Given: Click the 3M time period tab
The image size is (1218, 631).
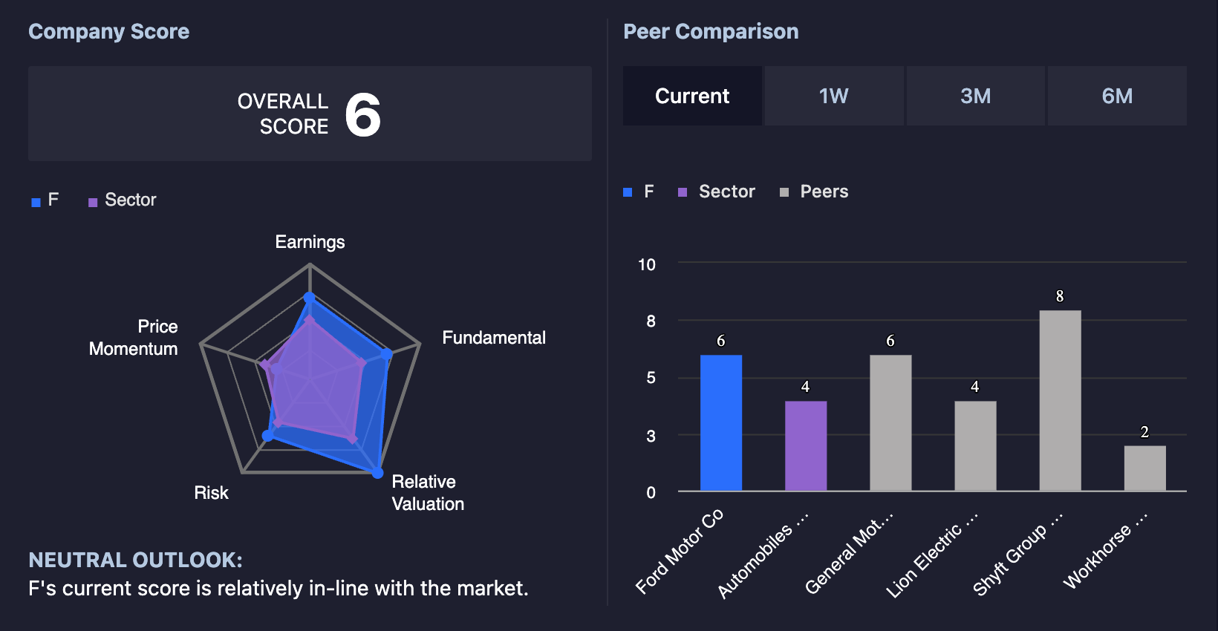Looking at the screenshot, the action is pyautogui.click(x=975, y=97).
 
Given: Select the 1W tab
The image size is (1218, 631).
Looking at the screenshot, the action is pyautogui.click(x=833, y=97).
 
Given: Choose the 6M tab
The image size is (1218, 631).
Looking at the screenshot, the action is pyautogui.click(x=1117, y=97).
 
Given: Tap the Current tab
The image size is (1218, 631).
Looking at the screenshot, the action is pyautogui.click(x=692, y=97).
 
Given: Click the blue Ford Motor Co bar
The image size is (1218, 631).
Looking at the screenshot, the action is pyautogui.click(x=721, y=423).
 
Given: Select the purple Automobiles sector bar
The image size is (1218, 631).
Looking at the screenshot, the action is pyautogui.click(x=806, y=445).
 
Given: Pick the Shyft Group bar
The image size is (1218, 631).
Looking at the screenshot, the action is pyautogui.click(x=1061, y=401).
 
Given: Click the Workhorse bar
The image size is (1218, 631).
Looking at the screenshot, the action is pyautogui.click(x=1145, y=468).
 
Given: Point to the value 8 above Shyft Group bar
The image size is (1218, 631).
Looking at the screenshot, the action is pyautogui.click(x=1060, y=296).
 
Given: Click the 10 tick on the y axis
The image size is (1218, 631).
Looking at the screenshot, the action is pyautogui.click(x=647, y=265).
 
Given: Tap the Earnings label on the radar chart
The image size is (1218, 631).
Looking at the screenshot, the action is pyautogui.click(x=310, y=242).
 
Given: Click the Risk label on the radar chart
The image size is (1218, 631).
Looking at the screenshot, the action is pyautogui.click(x=211, y=492).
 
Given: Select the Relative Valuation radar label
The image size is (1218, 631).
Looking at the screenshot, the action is pyautogui.click(x=428, y=492).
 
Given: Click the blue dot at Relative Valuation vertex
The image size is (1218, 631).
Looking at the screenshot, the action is pyautogui.click(x=377, y=473).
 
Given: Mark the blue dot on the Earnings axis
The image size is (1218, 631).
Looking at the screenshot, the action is pyautogui.click(x=310, y=297).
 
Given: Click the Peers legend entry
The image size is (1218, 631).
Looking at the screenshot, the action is pyautogui.click(x=814, y=192).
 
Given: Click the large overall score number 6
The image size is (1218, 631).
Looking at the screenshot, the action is pyautogui.click(x=362, y=114).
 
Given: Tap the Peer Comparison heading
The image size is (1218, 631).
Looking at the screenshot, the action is pyautogui.click(x=711, y=31).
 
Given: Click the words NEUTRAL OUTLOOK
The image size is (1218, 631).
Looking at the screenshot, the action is pyautogui.click(x=135, y=560).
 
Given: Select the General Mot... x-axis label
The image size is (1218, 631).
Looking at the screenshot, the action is pyautogui.click(x=848, y=554).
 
